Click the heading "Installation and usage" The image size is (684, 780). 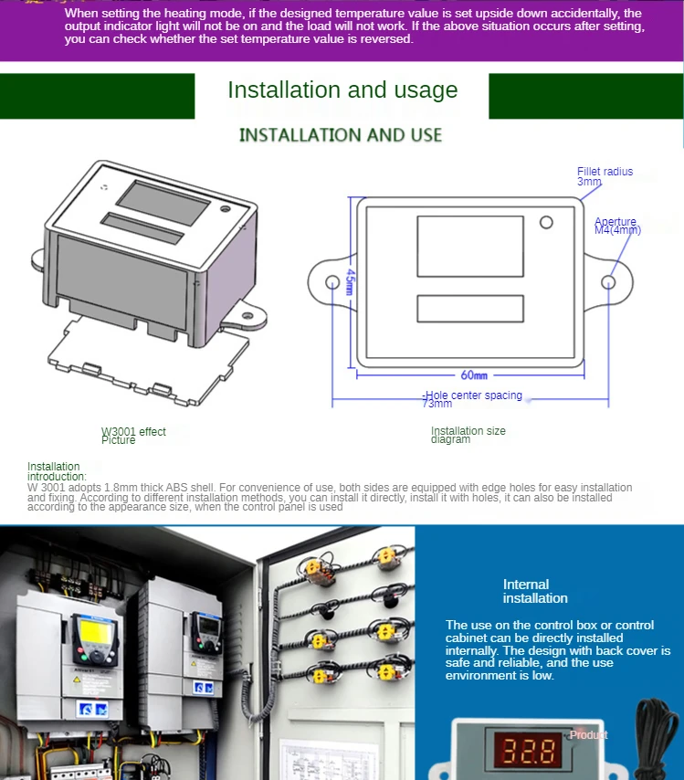pyautogui.click(x=342, y=90)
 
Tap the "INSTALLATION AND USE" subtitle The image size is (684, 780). pyautogui.click(x=340, y=135)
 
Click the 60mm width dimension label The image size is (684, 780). pyautogui.click(x=473, y=374)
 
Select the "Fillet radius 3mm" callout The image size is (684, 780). pyautogui.click(x=604, y=176)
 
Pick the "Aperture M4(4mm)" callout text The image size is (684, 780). pyautogui.click(x=617, y=226)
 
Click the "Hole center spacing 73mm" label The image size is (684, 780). pyautogui.click(x=473, y=399)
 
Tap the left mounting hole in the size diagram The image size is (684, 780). pyautogui.click(x=331, y=282)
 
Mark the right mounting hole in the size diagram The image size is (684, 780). pyautogui.click(x=608, y=282)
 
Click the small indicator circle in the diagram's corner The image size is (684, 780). pyautogui.click(x=546, y=222)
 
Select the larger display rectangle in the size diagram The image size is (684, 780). pyautogui.click(x=469, y=247)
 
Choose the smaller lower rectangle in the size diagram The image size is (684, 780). pyautogui.click(x=469, y=308)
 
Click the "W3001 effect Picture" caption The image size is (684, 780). pyautogui.click(x=132, y=436)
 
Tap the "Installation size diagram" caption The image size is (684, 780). pyautogui.click(x=468, y=435)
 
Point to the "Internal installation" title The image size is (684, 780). pyautogui.click(x=535, y=591)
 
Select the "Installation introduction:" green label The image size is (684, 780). pyautogui.click(x=57, y=471)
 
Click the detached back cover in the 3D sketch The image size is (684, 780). pyautogui.click(x=146, y=362)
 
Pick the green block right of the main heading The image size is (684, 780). pyautogui.click(x=585, y=96)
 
